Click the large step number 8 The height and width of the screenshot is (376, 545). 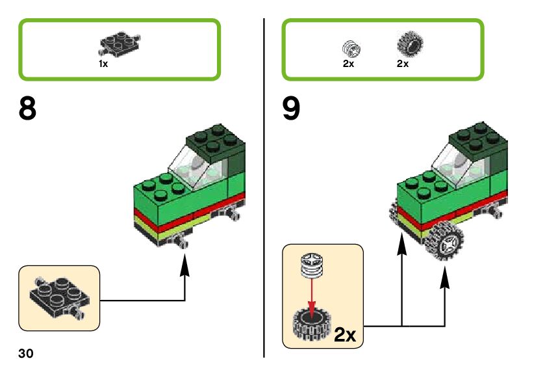coord(27,109)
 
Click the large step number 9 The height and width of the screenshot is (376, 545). coord(292,109)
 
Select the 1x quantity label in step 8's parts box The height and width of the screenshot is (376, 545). coord(103,64)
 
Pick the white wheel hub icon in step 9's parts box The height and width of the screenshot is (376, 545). coord(351,47)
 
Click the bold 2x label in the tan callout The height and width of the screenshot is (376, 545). coord(346,335)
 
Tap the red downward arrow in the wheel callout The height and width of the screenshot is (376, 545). coord(313,295)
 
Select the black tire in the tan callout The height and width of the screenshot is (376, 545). coord(312,323)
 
